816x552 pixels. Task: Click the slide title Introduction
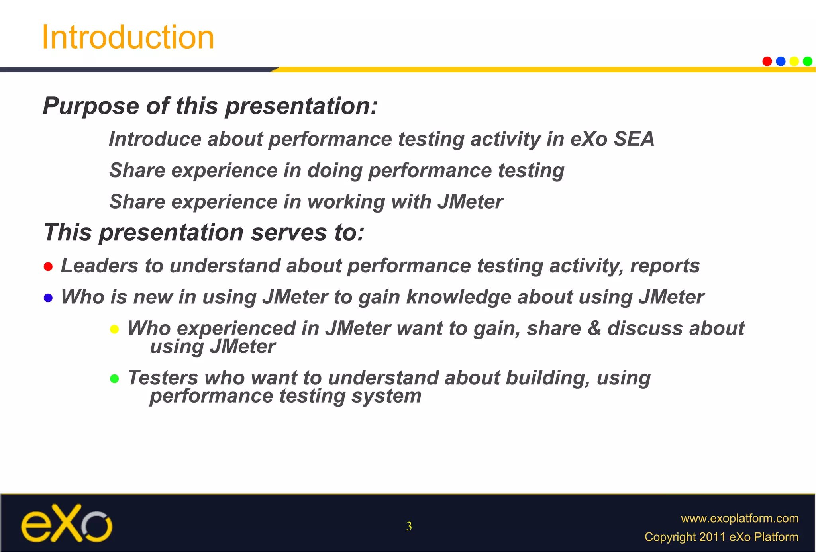click(x=128, y=37)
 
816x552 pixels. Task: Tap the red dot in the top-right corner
click(x=767, y=61)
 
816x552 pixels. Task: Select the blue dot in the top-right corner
click(x=781, y=61)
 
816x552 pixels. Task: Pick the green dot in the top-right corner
click(x=808, y=61)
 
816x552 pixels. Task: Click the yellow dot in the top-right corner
click(x=794, y=61)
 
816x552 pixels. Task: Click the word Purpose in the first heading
click(x=91, y=106)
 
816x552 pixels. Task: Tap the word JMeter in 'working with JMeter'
click(x=470, y=202)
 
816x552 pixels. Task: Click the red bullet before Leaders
click(x=48, y=266)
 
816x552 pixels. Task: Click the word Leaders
click(x=99, y=266)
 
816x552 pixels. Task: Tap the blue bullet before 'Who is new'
click(x=48, y=298)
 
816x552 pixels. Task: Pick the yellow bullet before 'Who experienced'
click(x=114, y=329)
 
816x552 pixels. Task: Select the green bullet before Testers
click(x=114, y=378)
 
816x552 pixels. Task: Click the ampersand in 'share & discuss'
click(x=594, y=329)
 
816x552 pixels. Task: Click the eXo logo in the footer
click(x=67, y=523)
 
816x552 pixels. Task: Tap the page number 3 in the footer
click(x=409, y=527)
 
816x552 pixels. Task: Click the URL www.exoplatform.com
click(x=739, y=518)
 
